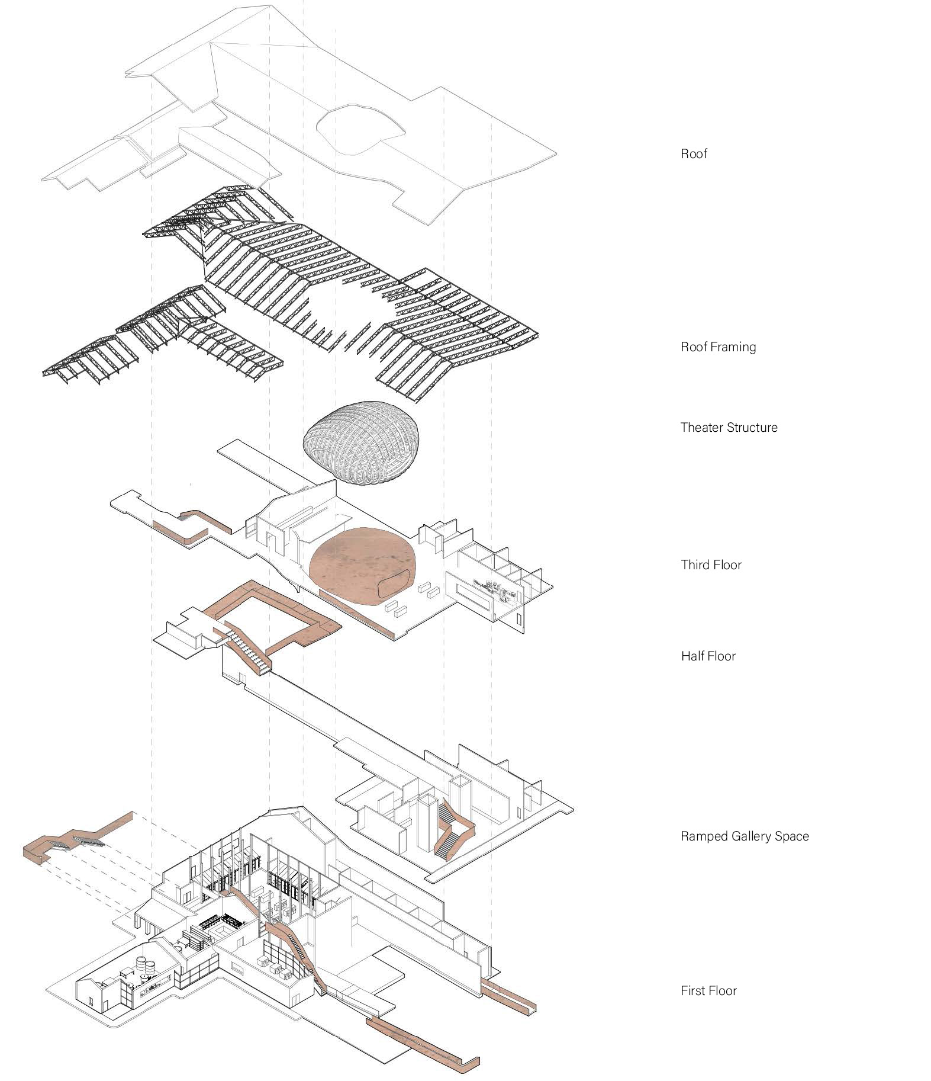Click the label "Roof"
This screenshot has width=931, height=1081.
694,155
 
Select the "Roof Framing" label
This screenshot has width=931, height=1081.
718,347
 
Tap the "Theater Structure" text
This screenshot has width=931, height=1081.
729,428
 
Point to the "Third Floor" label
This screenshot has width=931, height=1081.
711,565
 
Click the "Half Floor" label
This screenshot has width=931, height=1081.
708,656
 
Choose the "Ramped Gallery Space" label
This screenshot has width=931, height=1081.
744,836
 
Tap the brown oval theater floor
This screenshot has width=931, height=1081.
361,566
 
